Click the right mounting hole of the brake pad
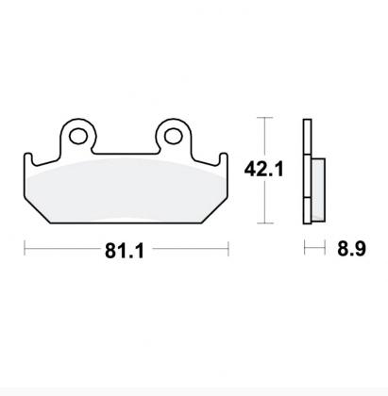(173, 137)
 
